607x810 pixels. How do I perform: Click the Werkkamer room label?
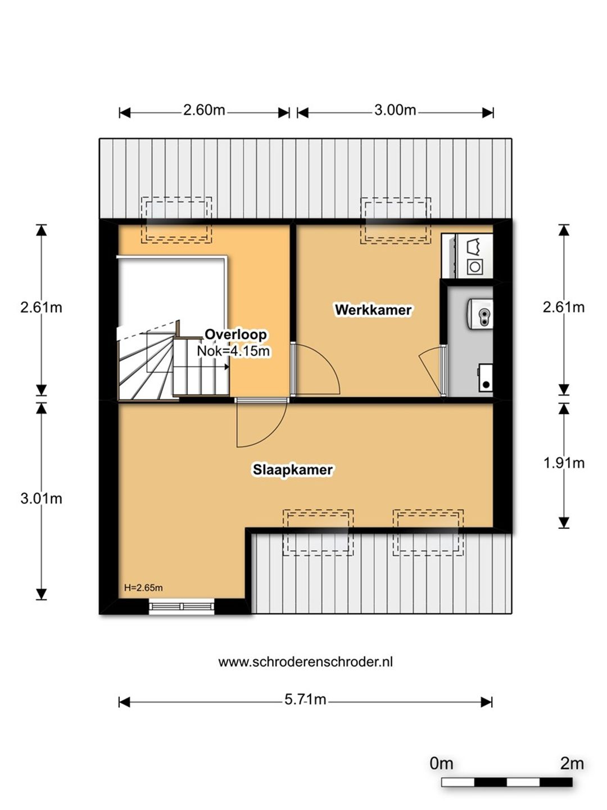click(x=373, y=309)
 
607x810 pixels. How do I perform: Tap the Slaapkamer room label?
click(x=293, y=470)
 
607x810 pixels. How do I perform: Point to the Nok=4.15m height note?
click(x=233, y=350)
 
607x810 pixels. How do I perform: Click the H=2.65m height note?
click(x=143, y=587)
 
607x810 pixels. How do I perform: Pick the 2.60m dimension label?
click(x=204, y=110)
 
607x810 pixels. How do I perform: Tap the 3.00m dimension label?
click(x=395, y=110)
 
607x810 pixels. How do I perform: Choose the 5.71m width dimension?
click(x=305, y=699)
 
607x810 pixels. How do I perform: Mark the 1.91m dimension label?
click(x=564, y=463)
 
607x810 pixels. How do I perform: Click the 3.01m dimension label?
click(x=41, y=498)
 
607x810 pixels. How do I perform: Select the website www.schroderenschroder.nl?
click(x=306, y=661)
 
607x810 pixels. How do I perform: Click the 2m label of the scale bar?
click(x=572, y=763)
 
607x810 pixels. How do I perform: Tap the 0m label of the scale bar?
click(x=441, y=763)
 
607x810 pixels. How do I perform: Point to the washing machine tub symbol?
click(x=474, y=246)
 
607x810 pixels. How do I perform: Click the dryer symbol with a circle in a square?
click(x=475, y=266)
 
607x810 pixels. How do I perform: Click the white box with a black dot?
click(x=486, y=377)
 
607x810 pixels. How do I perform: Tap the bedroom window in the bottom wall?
click(x=182, y=607)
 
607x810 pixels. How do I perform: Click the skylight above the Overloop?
click(x=176, y=220)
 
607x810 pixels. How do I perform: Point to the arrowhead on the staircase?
click(x=227, y=366)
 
